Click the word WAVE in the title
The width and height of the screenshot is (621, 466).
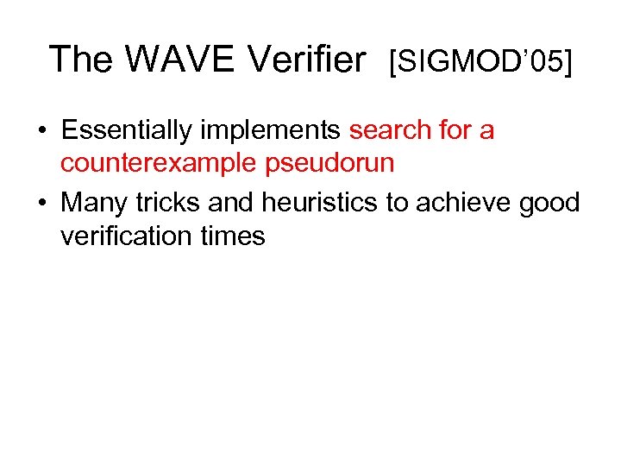[x=179, y=60]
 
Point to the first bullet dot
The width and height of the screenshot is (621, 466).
[x=41, y=131]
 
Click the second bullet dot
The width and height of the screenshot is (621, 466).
[x=41, y=203]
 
